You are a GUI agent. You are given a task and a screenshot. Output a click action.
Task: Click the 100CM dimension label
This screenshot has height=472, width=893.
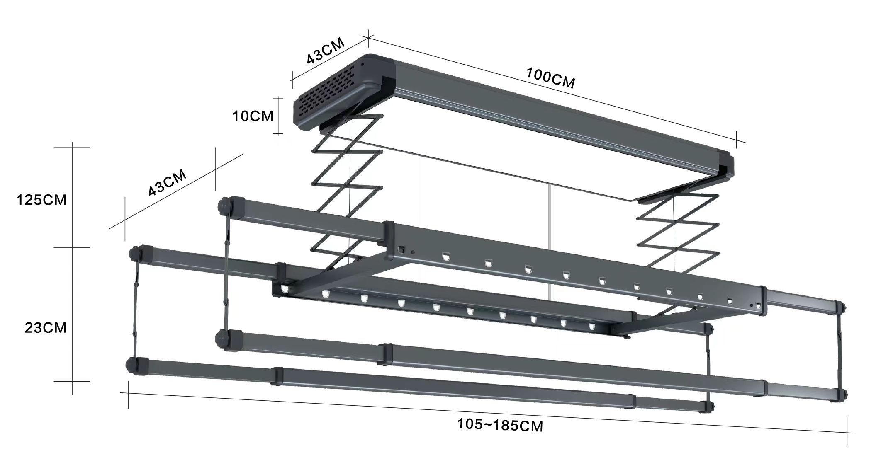click(550, 78)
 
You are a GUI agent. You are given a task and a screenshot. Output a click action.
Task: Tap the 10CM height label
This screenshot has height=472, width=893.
click(253, 116)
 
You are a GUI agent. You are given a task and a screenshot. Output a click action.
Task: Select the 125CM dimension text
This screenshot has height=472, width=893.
click(41, 200)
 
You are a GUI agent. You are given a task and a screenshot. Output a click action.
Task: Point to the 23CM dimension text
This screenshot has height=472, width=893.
click(45, 328)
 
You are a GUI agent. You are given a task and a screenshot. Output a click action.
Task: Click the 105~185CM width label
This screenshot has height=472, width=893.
click(500, 425)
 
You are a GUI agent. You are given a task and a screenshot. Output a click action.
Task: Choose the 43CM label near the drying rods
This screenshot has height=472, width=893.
click(167, 183)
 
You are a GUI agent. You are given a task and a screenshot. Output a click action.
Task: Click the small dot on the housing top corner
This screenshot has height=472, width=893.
click(362, 64)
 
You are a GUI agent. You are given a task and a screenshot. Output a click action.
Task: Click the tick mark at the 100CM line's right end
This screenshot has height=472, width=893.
click(737, 139)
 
